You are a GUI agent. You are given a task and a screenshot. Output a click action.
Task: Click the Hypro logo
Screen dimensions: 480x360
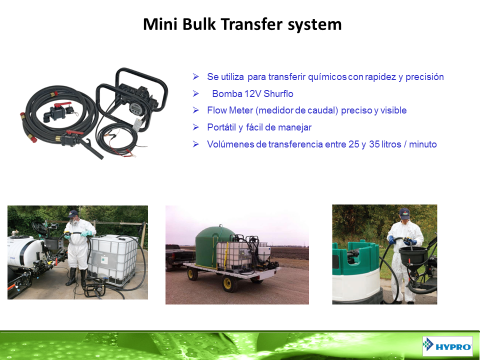click(448, 346)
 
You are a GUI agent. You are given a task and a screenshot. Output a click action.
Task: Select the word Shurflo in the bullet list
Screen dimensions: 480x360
click(278, 94)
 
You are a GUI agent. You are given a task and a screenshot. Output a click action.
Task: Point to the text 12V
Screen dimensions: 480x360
click(253, 94)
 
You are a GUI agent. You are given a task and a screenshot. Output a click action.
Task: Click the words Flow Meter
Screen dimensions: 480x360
click(230, 110)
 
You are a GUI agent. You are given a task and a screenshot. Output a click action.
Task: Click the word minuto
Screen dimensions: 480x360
click(423, 144)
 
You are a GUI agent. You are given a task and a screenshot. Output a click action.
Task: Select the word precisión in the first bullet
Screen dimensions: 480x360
click(425, 77)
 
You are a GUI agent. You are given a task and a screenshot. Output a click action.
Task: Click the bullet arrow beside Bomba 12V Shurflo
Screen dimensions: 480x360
click(196, 94)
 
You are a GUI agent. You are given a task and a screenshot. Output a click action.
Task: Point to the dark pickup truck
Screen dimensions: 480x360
click(180, 257)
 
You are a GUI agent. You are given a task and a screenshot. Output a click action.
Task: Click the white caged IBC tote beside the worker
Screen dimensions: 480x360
click(113, 260)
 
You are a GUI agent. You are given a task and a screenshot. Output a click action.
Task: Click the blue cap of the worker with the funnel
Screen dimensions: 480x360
click(404, 213)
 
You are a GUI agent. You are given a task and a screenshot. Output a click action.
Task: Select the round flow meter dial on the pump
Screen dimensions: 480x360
click(135, 108)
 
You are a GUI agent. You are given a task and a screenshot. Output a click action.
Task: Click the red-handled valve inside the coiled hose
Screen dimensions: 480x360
click(59, 112)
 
